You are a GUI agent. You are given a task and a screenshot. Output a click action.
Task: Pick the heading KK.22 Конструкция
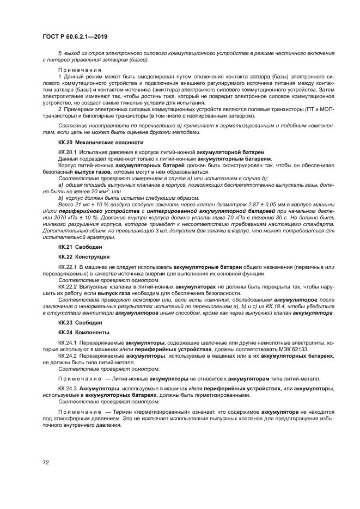click(x=76, y=256)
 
